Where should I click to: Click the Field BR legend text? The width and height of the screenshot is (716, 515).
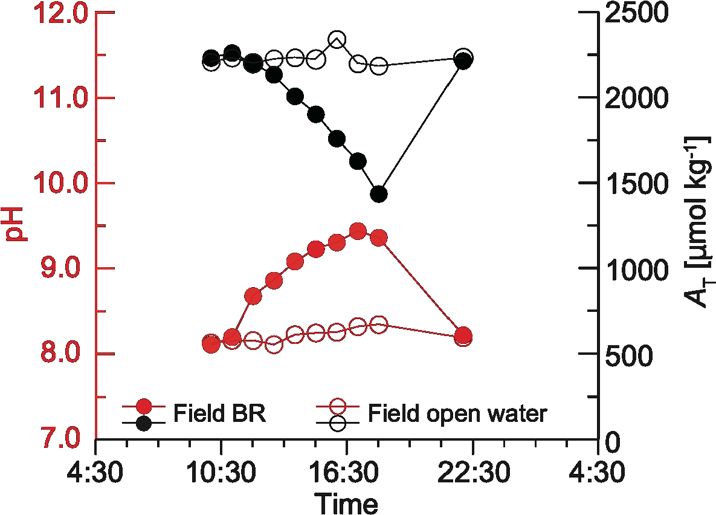point(220,414)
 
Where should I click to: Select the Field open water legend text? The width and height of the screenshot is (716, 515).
point(457,414)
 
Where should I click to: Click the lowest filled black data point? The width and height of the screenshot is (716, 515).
point(379,194)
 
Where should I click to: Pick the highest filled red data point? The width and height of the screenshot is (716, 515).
point(358,232)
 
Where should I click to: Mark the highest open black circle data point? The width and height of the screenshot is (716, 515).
point(337,40)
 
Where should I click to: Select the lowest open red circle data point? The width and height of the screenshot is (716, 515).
point(274,345)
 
